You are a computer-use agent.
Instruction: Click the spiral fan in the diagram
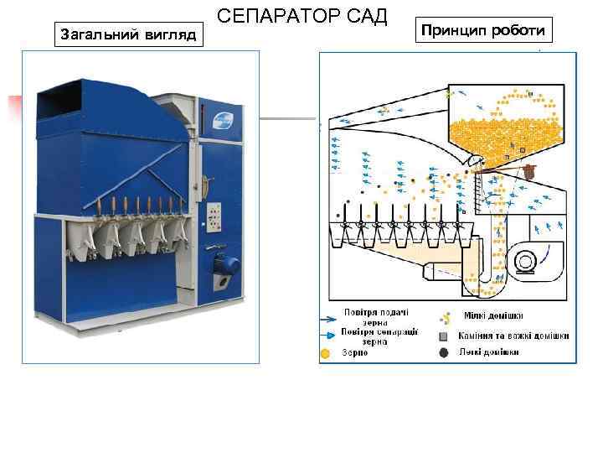point(526,259)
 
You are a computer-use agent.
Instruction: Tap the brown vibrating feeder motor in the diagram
point(528,170)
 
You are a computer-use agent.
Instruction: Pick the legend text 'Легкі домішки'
point(488,352)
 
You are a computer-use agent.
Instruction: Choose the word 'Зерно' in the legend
point(354,353)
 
